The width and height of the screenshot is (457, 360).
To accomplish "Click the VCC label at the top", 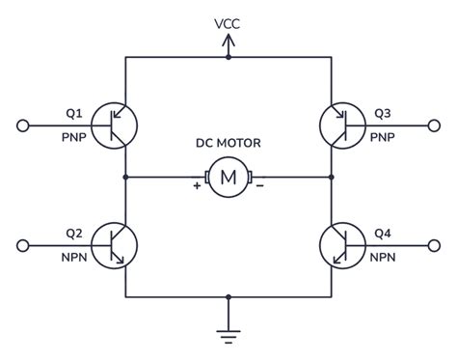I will (228, 22).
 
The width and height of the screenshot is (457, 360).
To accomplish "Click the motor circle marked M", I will (228, 178).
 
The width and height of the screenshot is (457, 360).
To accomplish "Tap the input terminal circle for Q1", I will (24, 125).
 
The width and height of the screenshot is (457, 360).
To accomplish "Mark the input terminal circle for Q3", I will (433, 125).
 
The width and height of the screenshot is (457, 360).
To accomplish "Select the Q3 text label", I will (382, 113).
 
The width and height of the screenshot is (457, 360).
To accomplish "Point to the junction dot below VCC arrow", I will (228, 58).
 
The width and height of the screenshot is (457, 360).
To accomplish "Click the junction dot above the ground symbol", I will (228, 295).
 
